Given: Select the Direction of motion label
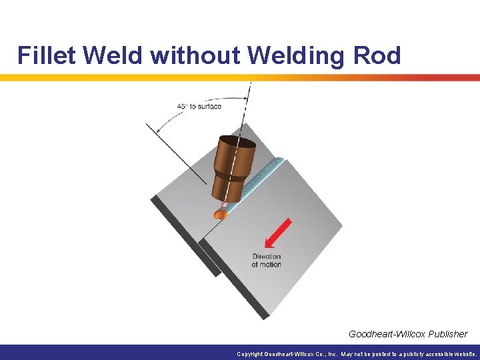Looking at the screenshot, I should point(267,261).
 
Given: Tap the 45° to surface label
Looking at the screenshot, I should point(199,106).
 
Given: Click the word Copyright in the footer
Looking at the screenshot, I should point(255,354).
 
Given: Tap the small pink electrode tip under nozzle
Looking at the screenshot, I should point(225,205).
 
